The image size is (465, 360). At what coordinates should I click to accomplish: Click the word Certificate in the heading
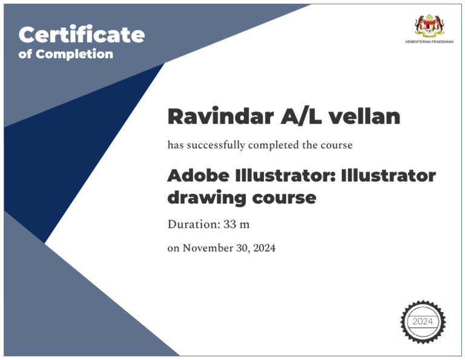tap(82, 35)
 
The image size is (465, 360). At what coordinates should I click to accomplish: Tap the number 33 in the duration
tap(229, 224)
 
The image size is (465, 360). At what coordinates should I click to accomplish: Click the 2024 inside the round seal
tap(423, 321)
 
